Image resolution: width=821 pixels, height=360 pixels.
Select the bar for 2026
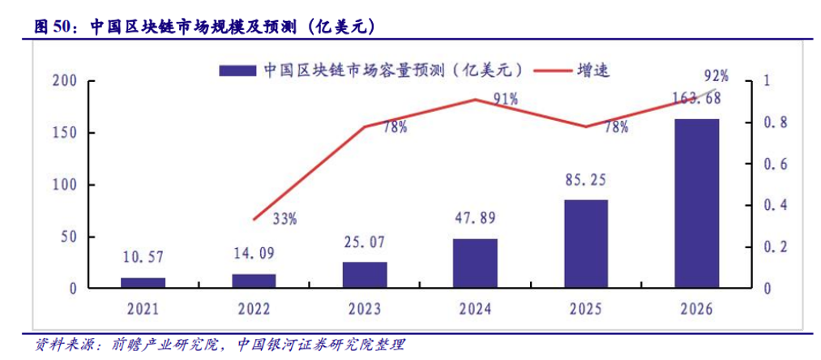(x=697, y=203)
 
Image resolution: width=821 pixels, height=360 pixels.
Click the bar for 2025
(x=587, y=243)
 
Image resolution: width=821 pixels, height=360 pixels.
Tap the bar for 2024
(x=476, y=263)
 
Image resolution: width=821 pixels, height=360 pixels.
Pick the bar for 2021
(x=143, y=282)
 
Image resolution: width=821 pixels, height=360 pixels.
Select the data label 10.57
(x=143, y=258)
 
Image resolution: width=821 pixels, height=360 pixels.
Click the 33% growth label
(x=284, y=217)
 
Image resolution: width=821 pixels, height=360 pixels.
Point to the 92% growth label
(x=716, y=76)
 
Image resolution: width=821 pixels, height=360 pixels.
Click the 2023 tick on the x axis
(x=365, y=310)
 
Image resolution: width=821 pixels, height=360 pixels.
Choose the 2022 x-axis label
(x=254, y=310)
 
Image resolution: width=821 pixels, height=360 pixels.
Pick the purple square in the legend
(x=237, y=71)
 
